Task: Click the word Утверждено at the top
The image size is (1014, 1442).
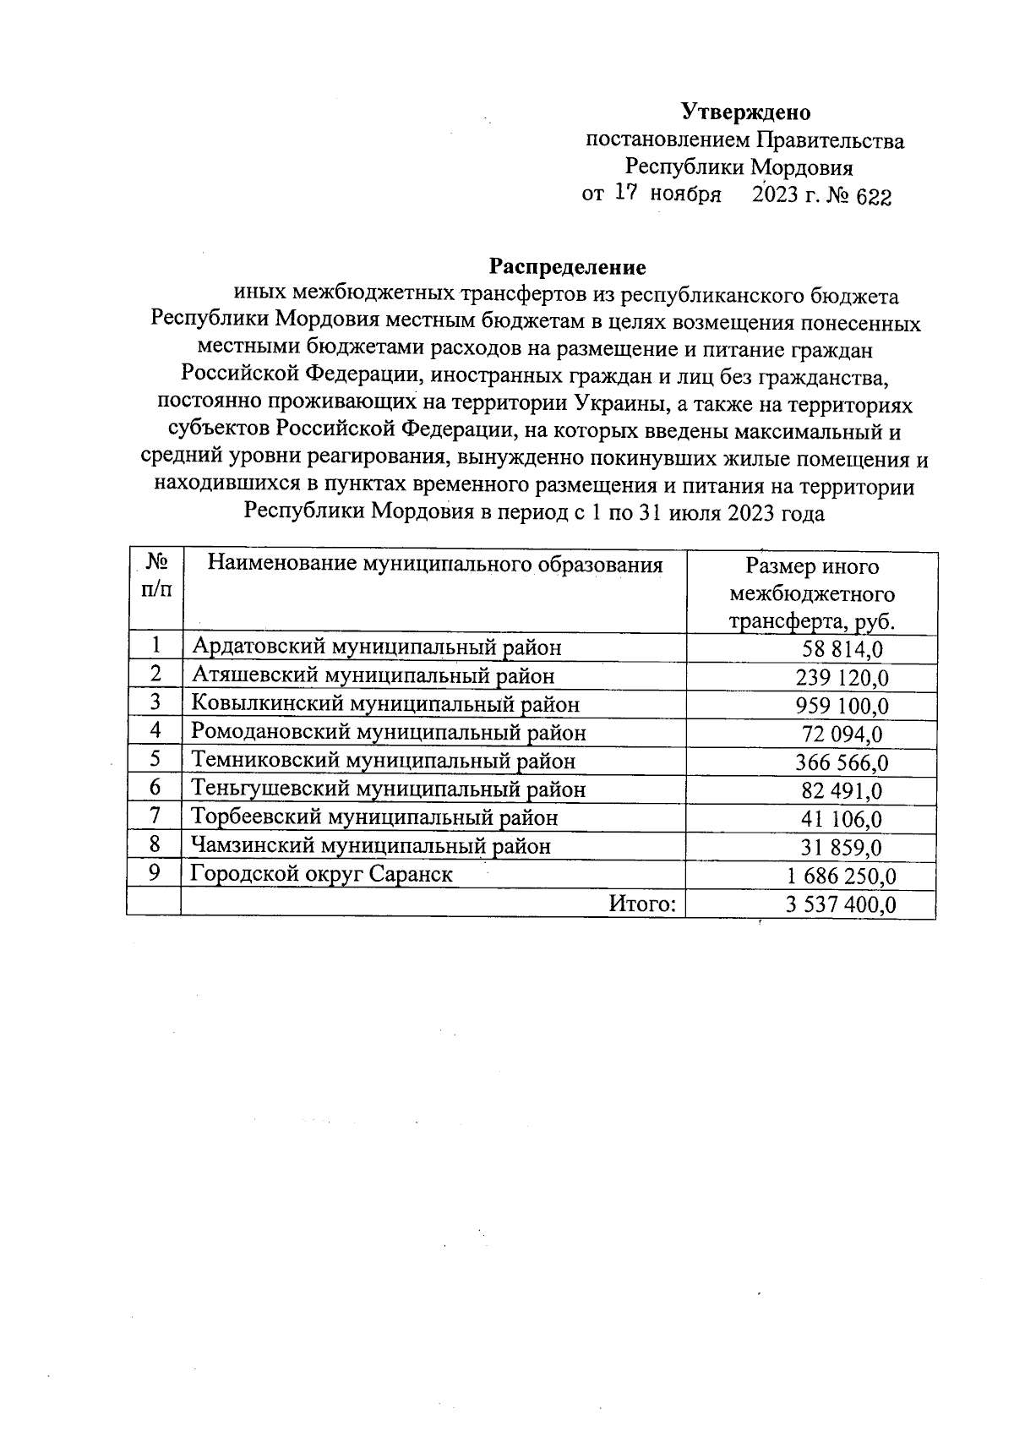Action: click(745, 112)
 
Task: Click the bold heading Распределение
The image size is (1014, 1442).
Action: click(568, 267)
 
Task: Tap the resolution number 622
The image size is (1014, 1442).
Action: click(874, 197)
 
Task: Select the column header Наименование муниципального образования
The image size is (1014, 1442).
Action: click(435, 565)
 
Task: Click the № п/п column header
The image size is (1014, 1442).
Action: click(155, 575)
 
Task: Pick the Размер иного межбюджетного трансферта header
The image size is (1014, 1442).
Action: click(812, 593)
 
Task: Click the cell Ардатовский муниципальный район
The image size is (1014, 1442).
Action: click(376, 647)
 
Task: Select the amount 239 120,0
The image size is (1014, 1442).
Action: click(842, 677)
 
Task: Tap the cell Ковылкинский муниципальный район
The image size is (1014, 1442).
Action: click(385, 703)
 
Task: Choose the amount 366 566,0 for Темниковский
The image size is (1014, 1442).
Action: click(842, 762)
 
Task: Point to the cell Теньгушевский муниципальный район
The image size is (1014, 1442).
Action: click(388, 789)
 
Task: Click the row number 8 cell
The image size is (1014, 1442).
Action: click(155, 844)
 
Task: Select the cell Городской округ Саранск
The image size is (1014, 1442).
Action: click(321, 874)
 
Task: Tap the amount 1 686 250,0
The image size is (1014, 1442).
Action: click(842, 877)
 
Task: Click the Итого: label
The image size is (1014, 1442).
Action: click(642, 904)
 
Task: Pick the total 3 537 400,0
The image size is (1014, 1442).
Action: click(841, 905)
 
